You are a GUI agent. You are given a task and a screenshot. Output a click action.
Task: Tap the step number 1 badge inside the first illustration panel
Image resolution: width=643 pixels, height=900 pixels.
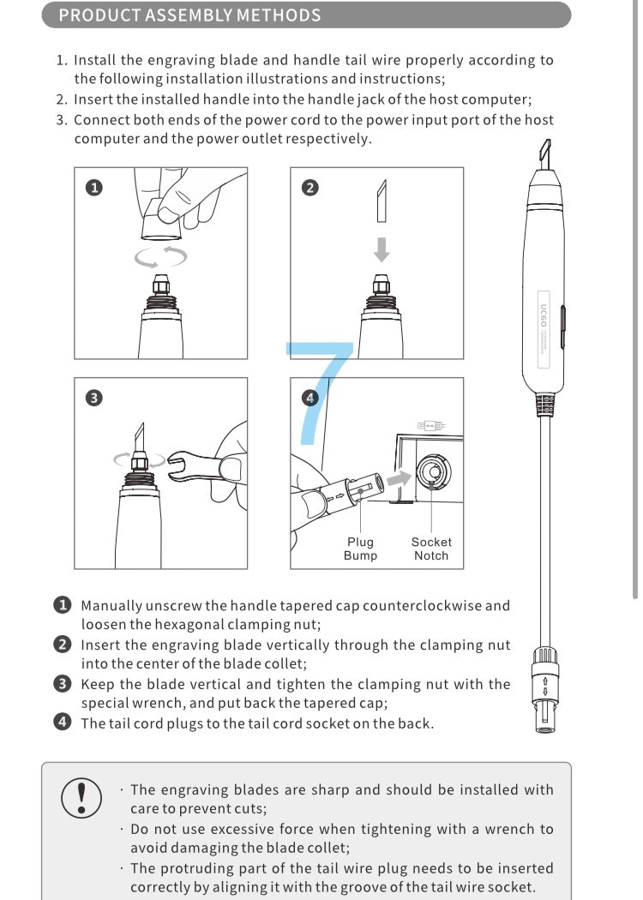click(94, 188)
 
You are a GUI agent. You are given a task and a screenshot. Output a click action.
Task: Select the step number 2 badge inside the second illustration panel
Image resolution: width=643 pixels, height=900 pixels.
click(310, 188)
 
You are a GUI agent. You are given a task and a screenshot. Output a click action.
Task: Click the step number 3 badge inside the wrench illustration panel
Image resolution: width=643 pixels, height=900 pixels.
click(94, 398)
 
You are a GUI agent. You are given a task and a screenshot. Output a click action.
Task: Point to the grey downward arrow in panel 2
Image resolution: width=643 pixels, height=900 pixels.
click(382, 249)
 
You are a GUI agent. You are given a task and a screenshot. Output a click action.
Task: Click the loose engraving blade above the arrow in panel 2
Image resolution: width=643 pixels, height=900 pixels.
click(382, 202)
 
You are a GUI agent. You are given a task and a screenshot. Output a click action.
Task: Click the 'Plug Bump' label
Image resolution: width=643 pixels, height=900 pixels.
click(360, 549)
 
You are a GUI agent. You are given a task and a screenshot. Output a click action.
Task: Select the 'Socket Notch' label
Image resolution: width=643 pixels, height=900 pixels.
click(430, 549)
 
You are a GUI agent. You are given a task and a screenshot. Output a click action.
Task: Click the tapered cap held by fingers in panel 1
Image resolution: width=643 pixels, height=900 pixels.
click(160, 219)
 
